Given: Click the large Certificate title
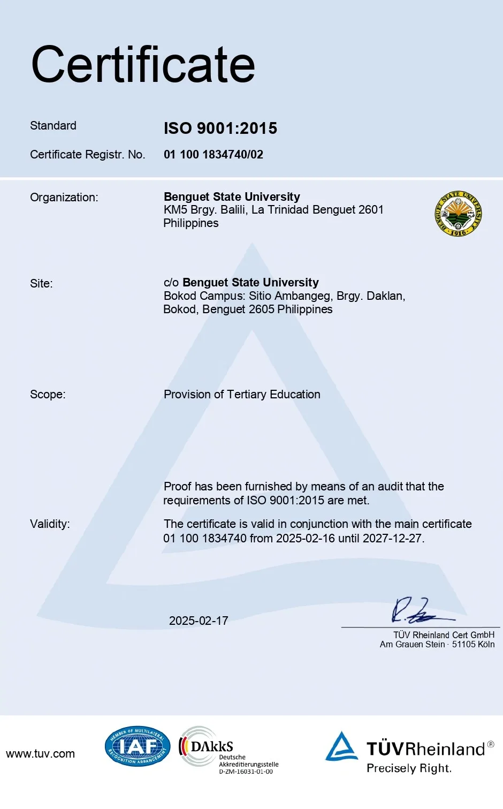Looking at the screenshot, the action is tap(143, 65).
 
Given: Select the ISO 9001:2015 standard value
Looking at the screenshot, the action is tap(220, 128).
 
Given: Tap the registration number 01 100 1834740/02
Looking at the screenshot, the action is tap(214, 155).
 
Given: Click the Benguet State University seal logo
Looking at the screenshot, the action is tap(459, 214).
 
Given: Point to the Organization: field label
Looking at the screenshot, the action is tap(64, 198).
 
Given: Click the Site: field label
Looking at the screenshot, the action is tap(41, 284).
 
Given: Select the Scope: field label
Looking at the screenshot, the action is tap(48, 395).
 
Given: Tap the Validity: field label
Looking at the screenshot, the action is tap(50, 524).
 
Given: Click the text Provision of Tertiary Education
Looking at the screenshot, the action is tap(242, 395).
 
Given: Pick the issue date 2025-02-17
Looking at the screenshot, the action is tap(199, 621).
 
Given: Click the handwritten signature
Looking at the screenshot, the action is tap(417, 611).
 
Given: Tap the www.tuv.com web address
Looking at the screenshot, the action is tap(40, 754).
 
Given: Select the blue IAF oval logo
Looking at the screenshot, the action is tap(138, 746).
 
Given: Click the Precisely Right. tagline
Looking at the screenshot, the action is tap(409, 768).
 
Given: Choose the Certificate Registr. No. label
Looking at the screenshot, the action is tap(87, 155).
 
